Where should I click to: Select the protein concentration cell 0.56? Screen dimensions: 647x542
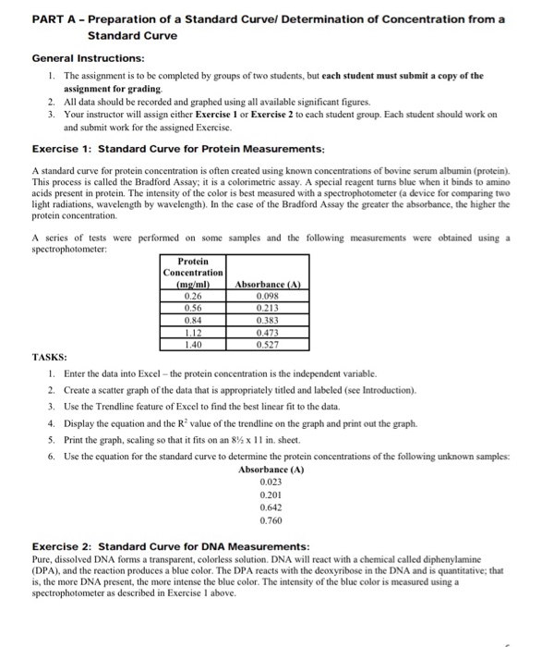193,309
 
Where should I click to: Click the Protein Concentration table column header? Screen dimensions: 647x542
193,273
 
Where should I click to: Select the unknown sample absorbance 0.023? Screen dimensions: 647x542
271,482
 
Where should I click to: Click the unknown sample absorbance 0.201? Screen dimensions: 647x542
271,494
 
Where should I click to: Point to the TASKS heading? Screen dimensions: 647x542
48,357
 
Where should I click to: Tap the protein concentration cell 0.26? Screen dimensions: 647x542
193,297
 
